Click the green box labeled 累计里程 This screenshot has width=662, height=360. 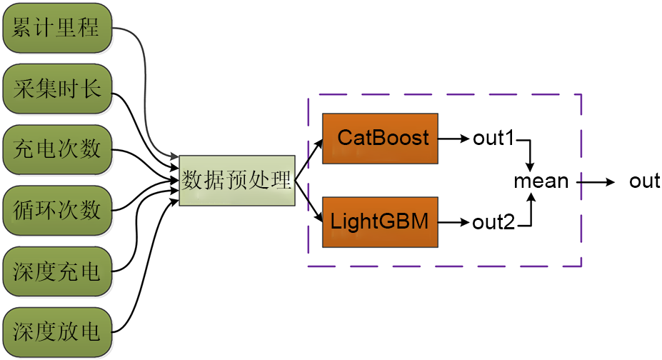tap(57, 29)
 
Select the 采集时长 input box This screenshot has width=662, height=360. tap(57, 89)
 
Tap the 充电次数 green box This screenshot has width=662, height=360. tap(57, 150)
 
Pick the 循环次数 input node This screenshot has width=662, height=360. tap(57, 210)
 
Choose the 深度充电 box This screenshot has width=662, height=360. tap(57, 271)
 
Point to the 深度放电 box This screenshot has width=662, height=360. tap(57, 331)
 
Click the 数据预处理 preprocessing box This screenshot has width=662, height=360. tap(236, 180)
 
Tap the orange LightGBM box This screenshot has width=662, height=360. tap(379, 222)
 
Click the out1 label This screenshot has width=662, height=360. tap(493, 138)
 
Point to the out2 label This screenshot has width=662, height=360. tap(493, 222)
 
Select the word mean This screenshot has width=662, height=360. tap(541, 181)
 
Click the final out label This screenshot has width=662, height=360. tap(644, 181)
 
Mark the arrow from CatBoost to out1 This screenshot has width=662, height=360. tap(453, 138)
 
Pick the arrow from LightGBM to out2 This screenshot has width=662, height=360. tap(453, 222)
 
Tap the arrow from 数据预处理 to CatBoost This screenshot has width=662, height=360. tap(309, 158)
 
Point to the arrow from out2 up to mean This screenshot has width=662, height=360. tap(530, 210)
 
